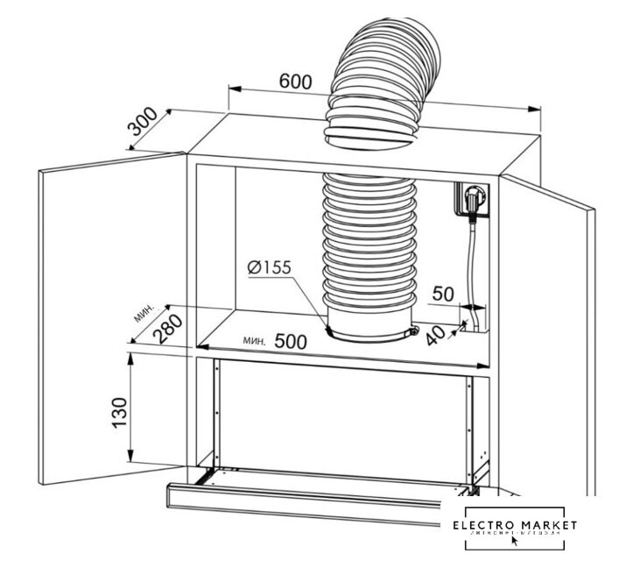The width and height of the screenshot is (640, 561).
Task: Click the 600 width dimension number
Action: tap(296, 81)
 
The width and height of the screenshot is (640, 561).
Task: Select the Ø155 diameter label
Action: tap(268, 267)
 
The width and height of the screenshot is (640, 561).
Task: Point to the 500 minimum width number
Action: tap(290, 342)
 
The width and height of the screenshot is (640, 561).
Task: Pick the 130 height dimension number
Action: tap(120, 409)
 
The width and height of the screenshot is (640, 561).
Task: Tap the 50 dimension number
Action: tap(443, 293)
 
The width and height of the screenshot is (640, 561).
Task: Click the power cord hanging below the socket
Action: tap(472, 263)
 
